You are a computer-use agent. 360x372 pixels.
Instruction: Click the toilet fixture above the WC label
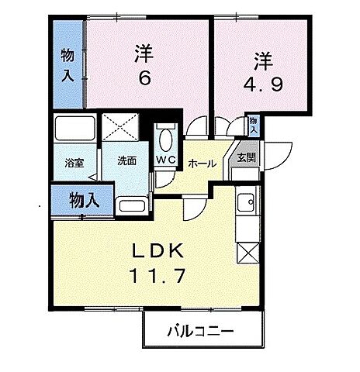165,139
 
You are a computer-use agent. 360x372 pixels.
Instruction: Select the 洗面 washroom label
126,161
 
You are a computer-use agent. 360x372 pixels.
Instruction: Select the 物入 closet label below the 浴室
85,199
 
